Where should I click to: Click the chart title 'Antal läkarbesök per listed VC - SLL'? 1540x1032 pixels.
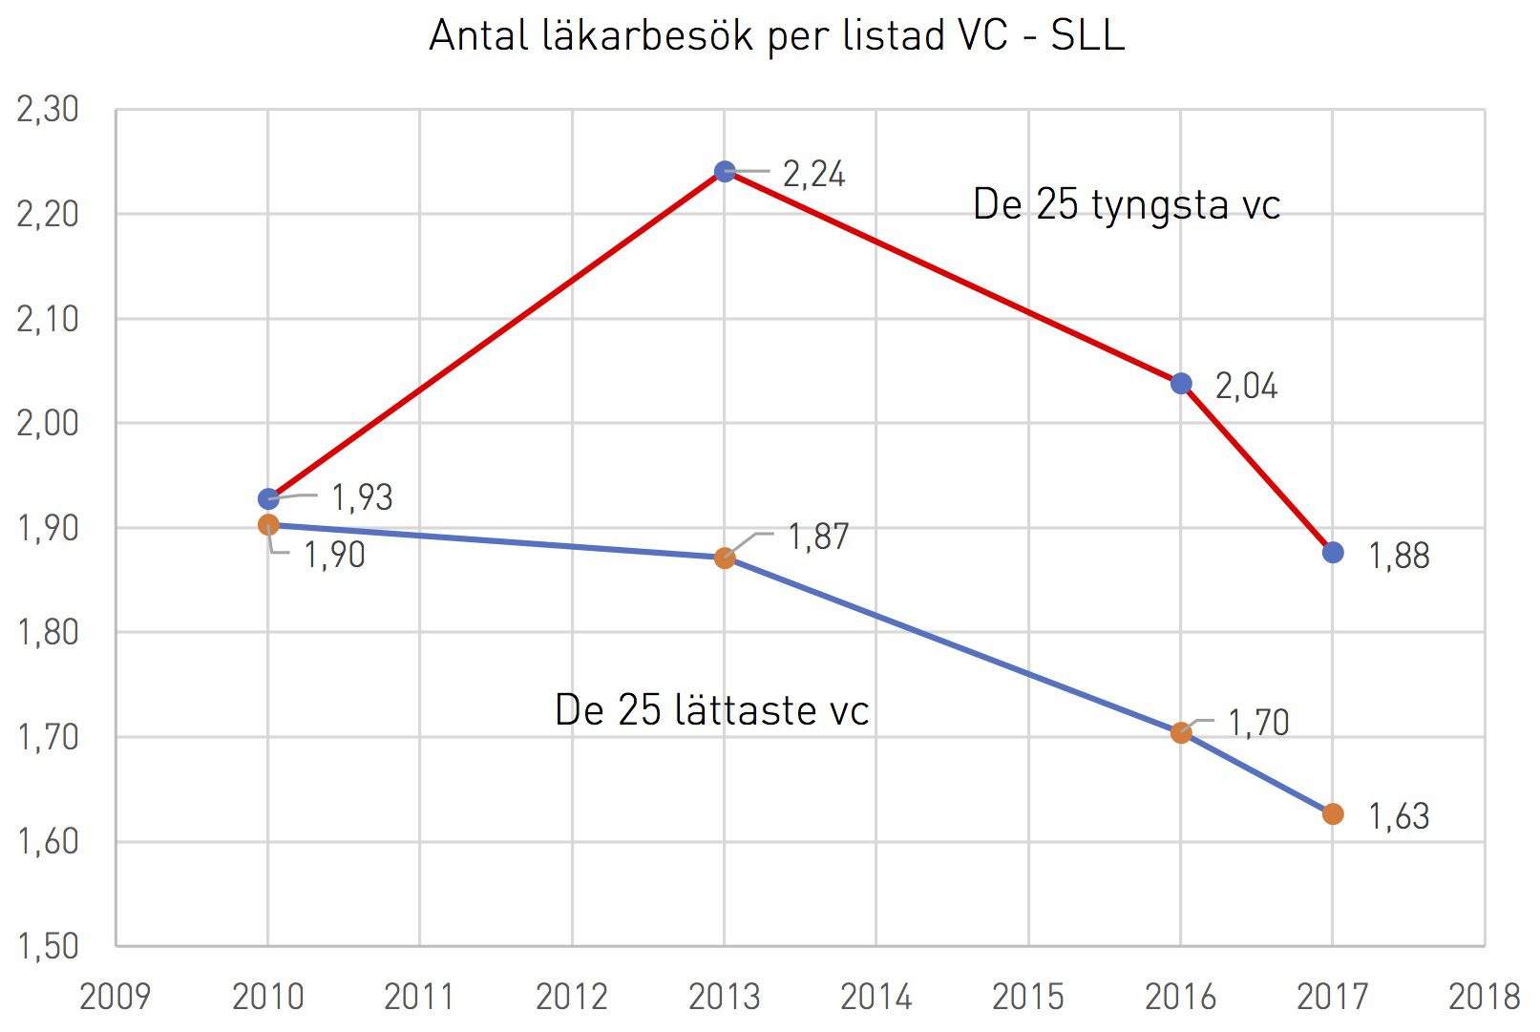[777, 35]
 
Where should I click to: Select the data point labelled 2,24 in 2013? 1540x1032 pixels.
[725, 171]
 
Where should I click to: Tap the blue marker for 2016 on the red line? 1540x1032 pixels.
[1181, 384]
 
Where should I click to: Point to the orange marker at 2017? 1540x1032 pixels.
[1333, 814]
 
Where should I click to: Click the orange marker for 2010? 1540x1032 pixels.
[268, 525]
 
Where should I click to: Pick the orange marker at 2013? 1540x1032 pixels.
[725, 558]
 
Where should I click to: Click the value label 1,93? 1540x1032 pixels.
[362, 497]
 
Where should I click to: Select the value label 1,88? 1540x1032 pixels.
[1399, 556]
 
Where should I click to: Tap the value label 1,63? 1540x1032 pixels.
[1399, 817]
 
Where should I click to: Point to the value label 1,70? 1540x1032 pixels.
[1258, 724]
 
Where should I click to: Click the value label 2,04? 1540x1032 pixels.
[1247, 387]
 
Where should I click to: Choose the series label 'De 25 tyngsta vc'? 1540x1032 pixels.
[1127, 205]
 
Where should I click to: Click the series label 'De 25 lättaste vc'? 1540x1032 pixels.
[711, 709]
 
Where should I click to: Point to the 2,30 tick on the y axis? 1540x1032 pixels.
[48, 110]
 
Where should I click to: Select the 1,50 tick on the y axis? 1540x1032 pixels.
[48, 947]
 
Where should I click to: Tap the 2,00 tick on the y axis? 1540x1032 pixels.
[48, 424]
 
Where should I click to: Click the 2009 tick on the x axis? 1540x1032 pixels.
[115, 997]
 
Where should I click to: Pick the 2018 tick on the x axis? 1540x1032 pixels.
[1485, 997]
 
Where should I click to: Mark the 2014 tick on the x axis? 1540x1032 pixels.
[875, 997]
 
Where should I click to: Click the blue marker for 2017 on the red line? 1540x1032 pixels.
[1333, 552]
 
